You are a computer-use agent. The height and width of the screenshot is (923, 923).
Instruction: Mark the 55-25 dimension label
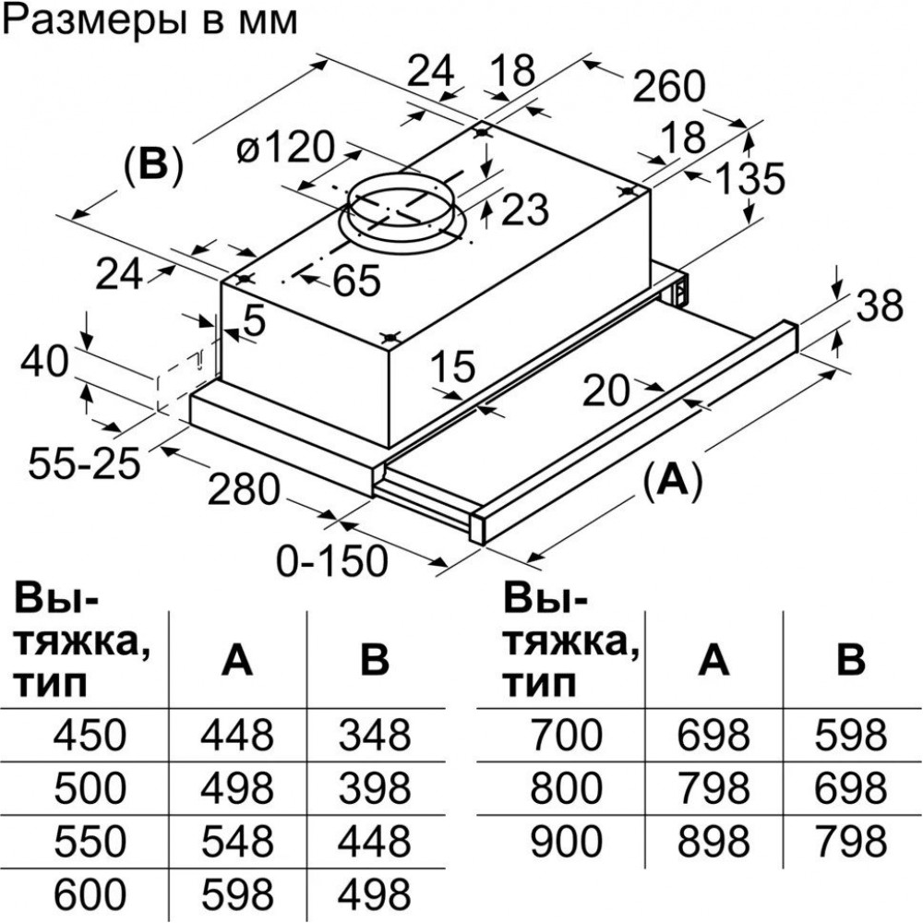pos(83,461)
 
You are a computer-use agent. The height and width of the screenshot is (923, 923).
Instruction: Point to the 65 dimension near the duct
pos(356,282)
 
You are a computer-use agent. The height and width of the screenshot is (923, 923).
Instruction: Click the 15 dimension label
pos(453,368)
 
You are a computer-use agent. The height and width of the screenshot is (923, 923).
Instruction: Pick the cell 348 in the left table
pos(374,736)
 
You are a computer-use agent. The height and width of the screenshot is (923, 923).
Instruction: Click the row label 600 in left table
pos(90,893)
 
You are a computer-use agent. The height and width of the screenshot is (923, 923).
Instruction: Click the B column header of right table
pos(850,659)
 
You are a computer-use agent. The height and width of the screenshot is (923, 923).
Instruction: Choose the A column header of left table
pos(236,659)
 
